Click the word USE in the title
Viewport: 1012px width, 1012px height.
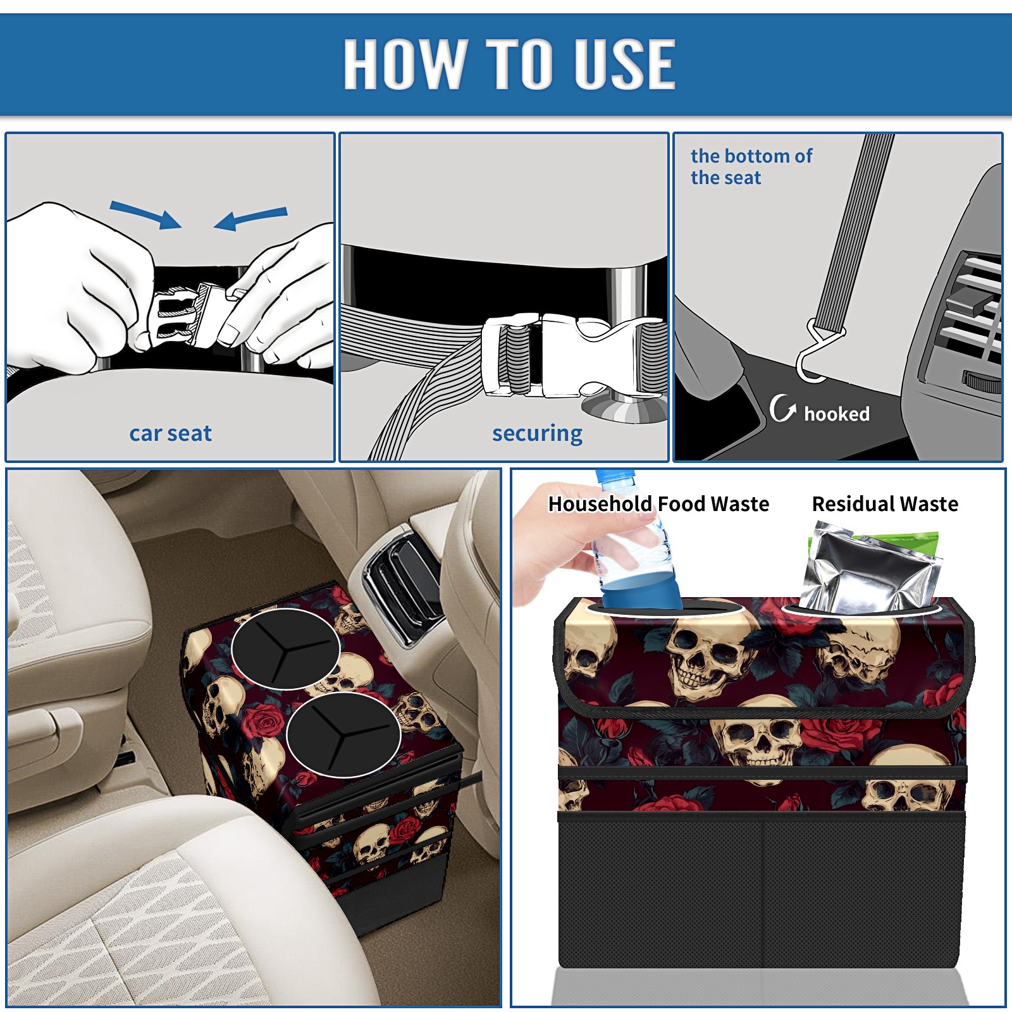(624, 64)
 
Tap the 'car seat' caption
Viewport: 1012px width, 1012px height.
(170, 433)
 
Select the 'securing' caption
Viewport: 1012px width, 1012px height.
(537, 434)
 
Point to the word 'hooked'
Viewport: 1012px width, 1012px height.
(837, 414)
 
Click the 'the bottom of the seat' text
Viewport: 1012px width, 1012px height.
(751, 166)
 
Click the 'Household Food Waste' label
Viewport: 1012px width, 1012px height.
(658, 503)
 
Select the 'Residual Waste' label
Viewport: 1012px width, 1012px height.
(885, 503)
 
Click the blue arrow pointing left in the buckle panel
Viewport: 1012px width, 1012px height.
(250, 218)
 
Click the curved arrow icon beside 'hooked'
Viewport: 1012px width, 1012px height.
(782, 408)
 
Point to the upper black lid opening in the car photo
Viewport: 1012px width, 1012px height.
(285, 648)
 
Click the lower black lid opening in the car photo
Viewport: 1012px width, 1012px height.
(343, 734)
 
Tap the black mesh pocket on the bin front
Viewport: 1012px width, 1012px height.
(762, 891)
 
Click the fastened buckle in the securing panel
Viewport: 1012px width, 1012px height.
(572, 355)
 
